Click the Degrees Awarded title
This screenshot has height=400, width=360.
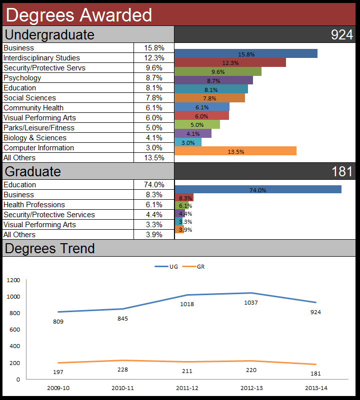[x=79, y=15]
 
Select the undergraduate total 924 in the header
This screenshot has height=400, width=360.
[x=342, y=34]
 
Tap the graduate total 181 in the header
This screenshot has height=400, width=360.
[x=342, y=171]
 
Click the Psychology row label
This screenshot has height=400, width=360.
[x=22, y=78]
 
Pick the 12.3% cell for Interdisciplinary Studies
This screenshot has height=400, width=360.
[x=153, y=58]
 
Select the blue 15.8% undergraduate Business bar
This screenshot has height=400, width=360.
[x=246, y=54]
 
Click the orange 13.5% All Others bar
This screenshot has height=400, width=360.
[x=235, y=151]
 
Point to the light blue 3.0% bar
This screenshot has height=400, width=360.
[x=188, y=142]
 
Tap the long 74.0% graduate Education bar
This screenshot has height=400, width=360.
[x=258, y=190]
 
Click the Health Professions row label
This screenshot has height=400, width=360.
[x=34, y=205]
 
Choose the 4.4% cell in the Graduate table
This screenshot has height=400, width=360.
[x=153, y=215]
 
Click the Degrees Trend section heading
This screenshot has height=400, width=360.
[x=49, y=248]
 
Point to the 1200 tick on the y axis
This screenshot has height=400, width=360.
[x=13, y=280]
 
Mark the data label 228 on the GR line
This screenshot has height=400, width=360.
[x=122, y=370]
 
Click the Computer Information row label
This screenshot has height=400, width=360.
[x=38, y=148]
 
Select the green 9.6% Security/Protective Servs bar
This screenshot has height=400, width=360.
[x=218, y=71]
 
